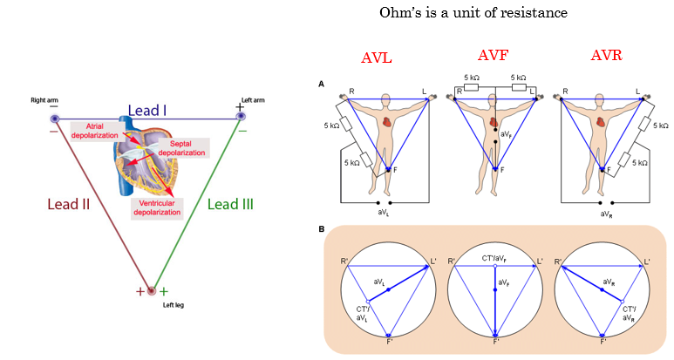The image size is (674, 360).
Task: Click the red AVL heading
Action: click(x=377, y=58)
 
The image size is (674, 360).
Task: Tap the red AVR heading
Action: click(x=606, y=55)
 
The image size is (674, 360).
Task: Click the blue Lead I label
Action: click(x=147, y=110)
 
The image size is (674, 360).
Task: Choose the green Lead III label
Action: click(x=231, y=204)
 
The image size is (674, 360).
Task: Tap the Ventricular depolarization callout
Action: click(x=159, y=208)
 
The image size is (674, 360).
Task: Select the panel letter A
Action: click(x=322, y=84)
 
